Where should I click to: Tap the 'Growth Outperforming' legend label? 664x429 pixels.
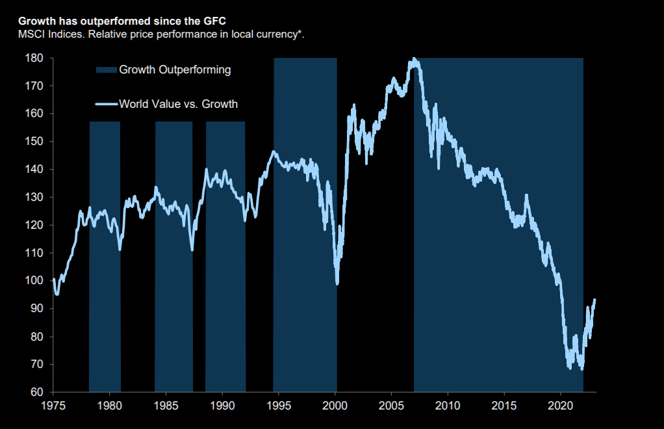point(175,70)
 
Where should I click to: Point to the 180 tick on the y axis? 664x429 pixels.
point(35,58)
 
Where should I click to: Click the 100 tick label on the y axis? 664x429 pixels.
point(35,281)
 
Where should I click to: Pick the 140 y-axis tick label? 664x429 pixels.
point(35,170)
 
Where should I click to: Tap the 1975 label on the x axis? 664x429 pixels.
point(53,406)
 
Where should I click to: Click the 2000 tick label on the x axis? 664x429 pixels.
point(335,406)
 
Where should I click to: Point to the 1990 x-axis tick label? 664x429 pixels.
point(222,406)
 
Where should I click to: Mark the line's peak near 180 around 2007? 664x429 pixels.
point(414,60)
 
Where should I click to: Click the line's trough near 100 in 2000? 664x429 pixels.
point(337,283)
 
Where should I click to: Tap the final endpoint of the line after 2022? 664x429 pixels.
point(595,300)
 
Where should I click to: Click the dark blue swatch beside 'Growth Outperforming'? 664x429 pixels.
point(106,70)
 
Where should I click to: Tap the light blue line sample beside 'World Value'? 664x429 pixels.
point(106,104)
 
